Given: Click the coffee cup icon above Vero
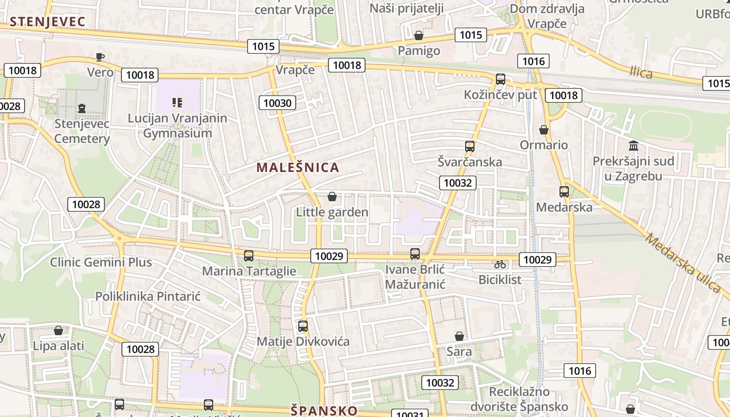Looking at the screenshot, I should [x=100, y=57].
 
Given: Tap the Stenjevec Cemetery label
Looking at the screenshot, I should [x=82, y=131].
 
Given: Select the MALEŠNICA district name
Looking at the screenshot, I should [x=298, y=167].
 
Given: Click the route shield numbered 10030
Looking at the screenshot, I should [x=277, y=103].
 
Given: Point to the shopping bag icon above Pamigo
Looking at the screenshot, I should [x=418, y=36].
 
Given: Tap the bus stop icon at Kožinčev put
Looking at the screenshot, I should [x=501, y=79].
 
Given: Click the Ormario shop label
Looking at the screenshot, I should [x=544, y=145].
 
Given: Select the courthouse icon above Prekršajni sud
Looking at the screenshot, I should [x=634, y=145].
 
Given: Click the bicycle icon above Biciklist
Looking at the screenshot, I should [x=500, y=264].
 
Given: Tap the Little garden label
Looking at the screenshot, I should [x=332, y=212].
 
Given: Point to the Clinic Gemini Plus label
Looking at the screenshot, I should [x=101, y=262].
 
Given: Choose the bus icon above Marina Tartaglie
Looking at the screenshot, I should [x=249, y=256].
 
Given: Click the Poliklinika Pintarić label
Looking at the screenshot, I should [x=148, y=297].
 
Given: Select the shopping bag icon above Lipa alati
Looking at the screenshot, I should [x=58, y=330].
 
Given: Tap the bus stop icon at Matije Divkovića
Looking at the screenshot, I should [x=303, y=326].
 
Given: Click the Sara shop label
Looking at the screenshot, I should [x=459, y=351].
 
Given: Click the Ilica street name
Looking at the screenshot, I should [x=641, y=72].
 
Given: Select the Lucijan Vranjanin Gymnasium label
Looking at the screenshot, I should [x=177, y=126].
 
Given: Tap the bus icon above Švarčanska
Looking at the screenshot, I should [x=470, y=146].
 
